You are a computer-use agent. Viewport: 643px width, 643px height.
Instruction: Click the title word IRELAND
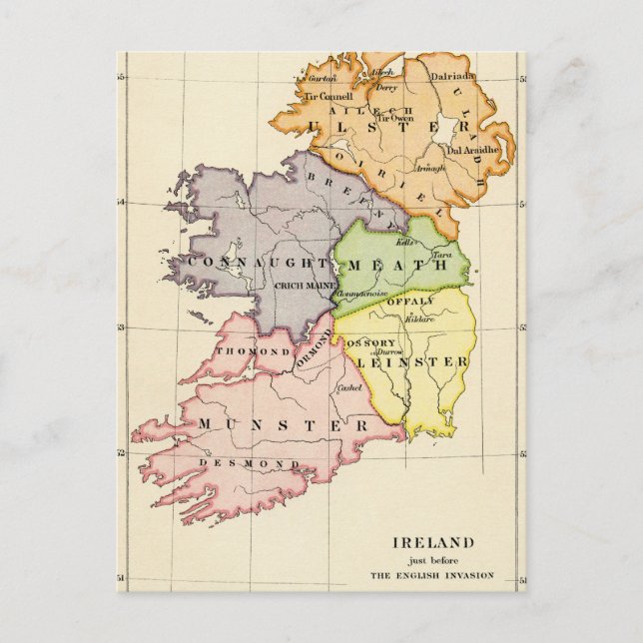pyautogui.click(x=432, y=543)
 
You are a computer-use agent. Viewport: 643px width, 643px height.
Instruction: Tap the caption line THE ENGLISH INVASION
pyautogui.click(x=432, y=575)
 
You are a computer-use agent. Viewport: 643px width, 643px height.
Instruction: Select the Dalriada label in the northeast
pyautogui.click(x=452, y=75)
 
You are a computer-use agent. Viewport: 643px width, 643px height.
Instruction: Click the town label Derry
pyautogui.click(x=385, y=87)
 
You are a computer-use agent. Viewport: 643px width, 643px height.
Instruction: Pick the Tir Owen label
pyautogui.click(x=394, y=117)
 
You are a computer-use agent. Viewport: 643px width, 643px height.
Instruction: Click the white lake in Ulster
pyautogui.click(x=445, y=129)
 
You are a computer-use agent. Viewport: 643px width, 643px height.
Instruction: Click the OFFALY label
pyautogui.click(x=410, y=301)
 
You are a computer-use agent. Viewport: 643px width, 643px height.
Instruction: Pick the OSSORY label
pyautogui.click(x=370, y=342)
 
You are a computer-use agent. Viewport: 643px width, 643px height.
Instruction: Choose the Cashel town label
pyautogui.click(x=348, y=387)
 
